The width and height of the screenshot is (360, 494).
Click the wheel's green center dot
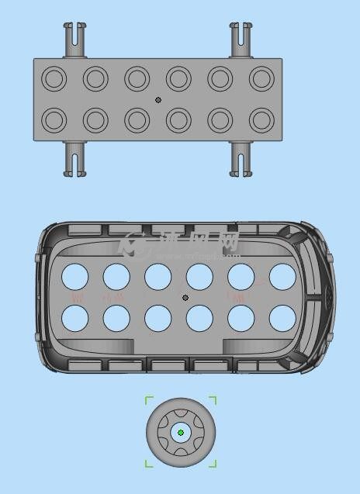pyautogui.click(x=181, y=433)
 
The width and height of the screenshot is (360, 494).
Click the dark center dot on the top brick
pyautogui.click(x=158, y=100)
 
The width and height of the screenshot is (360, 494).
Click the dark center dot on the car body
pyautogui.click(x=185, y=298)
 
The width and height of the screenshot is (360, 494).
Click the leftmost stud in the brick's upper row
pyautogui.click(x=54, y=78)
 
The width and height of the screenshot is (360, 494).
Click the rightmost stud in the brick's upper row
pyautogui.click(x=261, y=78)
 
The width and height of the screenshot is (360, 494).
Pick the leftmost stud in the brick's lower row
pyautogui.click(x=54, y=120)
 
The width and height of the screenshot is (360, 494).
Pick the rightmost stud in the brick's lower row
pyautogui.click(x=261, y=120)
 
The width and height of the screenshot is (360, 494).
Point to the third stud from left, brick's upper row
pyautogui.click(x=137, y=78)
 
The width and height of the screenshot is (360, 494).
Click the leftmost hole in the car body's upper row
pyautogui.click(x=75, y=276)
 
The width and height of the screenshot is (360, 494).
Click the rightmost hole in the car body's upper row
pyautogui.click(x=282, y=276)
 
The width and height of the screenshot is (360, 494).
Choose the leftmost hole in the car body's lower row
pyautogui.click(x=75, y=318)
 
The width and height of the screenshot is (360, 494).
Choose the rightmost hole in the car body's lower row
pyautogui.click(x=282, y=318)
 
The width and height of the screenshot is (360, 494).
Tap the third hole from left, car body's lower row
pyautogui.click(x=158, y=318)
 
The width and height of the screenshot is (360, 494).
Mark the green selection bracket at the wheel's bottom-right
pyautogui.click(x=214, y=465)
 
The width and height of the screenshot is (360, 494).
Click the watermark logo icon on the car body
pyautogui.click(x=133, y=245)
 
